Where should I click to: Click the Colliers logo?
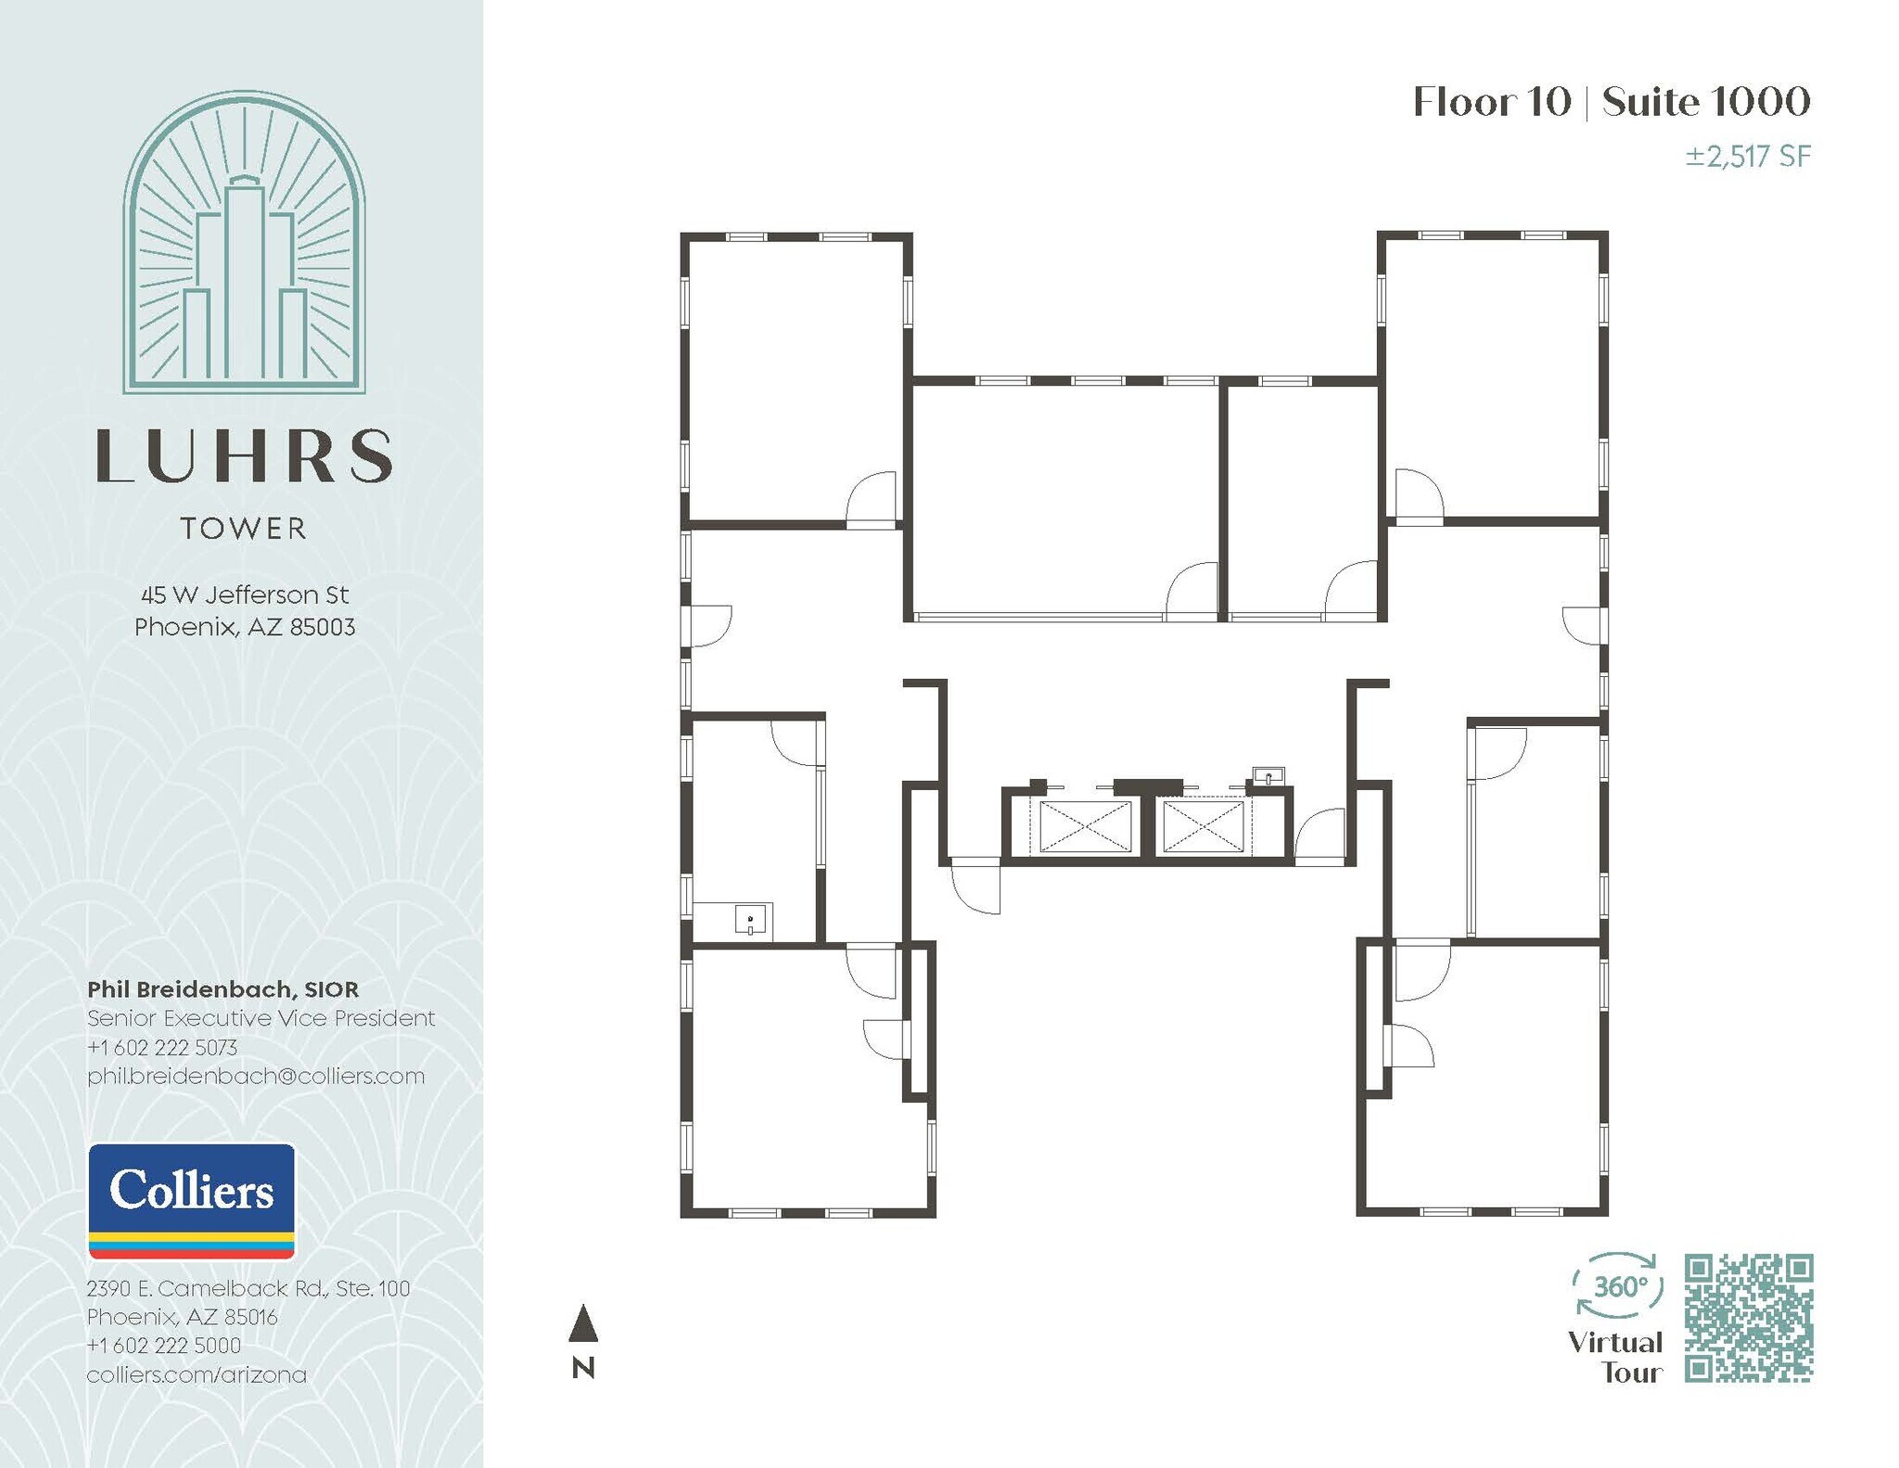pyautogui.click(x=191, y=1200)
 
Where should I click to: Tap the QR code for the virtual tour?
pyautogui.click(x=1748, y=1318)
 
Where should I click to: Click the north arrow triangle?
pyautogui.click(x=582, y=1323)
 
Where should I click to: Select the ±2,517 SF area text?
pyautogui.click(x=1747, y=157)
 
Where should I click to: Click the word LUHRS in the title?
pyautogui.click(x=244, y=456)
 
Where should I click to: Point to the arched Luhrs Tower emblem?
pyautogui.click(x=244, y=243)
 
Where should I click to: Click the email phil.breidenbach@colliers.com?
pyautogui.click(x=255, y=1076)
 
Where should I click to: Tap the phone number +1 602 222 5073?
pyautogui.click(x=162, y=1047)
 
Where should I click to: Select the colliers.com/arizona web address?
pyautogui.click(x=197, y=1374)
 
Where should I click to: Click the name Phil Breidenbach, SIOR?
pyautogui.click(x=223, y=989)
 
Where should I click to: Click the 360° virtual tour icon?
pyautogui.click(x=1618, y=1285)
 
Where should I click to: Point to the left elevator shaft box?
pyautogui.click(x=1085, y=826)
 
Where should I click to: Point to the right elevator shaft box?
pyautogui.click(x=1203, y=826)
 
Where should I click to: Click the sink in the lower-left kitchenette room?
pyautogui.click(x=750, y=920)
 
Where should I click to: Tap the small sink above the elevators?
pyautogui.click(x=1268, y=774)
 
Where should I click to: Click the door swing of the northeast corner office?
pyautogui.click(x=1416, y=497)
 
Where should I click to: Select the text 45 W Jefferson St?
pyautogui.click(x=245, y=594)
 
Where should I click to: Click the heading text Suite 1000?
pyautogui.click(x=1705, y=102)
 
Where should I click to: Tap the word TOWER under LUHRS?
pyautogui.click(x=244, y=529)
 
